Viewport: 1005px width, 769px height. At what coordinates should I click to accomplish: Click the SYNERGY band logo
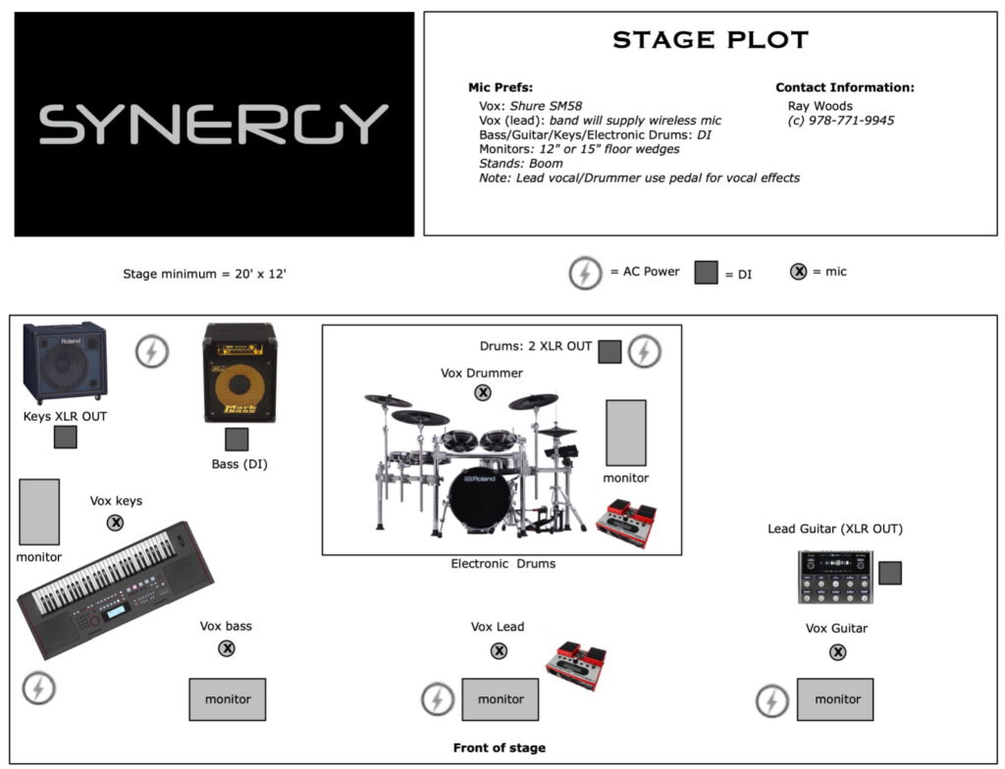click(x=213, y=125)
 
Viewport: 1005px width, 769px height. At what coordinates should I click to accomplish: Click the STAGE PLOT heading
click(x=711, y=40)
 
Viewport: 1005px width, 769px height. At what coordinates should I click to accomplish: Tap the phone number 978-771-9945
click(x=851, y=121)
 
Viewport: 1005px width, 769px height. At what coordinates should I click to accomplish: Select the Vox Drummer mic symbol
click(x=483, y=392)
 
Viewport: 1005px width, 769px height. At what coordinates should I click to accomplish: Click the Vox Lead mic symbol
click(x=499, y=651)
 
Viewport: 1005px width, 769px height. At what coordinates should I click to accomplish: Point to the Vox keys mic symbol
click(x=116, y=523)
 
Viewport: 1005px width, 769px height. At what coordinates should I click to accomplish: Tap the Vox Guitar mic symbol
click(x=838, y=652)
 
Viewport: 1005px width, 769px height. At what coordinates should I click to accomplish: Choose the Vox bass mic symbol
click(x=227, y=648)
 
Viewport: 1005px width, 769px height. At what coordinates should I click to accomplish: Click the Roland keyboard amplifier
click(x=65, y=362)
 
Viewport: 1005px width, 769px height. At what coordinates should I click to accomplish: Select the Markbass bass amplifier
click(x=239, y=373)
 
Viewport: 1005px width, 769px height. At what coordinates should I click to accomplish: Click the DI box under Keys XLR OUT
click(x=66, y=437)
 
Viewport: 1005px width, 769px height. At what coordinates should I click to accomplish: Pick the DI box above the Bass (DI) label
click(x=237, y=439)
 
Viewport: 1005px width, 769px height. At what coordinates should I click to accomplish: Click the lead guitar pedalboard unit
click(x=835, y=577)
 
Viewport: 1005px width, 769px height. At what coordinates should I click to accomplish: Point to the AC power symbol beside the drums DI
click(x=644, y=351)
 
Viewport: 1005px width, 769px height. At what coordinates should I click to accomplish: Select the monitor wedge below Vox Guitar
click(x=835, y=699)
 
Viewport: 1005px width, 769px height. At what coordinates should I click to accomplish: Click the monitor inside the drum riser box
click(x=626, y=433)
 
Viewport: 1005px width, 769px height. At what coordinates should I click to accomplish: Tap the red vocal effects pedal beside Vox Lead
click(x=576, y=665)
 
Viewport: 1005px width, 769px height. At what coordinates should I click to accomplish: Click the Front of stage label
click(x=500, y=747)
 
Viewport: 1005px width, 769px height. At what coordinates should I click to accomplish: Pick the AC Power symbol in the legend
click(x=585, y=273)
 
